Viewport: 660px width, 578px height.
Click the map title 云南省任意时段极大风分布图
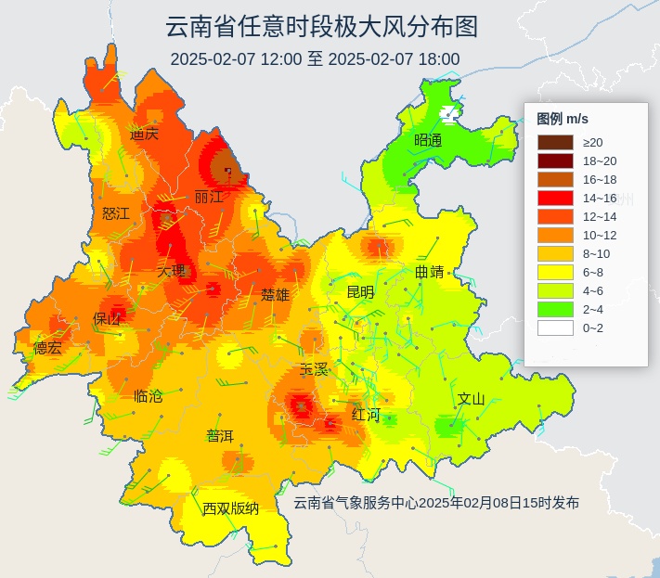click(x=321, y=26)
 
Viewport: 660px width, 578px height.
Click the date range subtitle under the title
click(x=315, y=59)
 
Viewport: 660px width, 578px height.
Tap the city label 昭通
click(x=428, y=140)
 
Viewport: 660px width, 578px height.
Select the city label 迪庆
click(x=144, y=134)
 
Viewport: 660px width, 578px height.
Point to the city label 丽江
click(x=209, y=197)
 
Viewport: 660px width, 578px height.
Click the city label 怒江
click(x=116, y=213)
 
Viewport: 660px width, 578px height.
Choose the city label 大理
click(x=171, y=272)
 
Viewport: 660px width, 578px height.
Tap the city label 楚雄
click(x=275, y=295)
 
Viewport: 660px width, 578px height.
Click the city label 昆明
click(x=360, y=292)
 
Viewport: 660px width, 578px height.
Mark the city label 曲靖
click(x=429, y=273)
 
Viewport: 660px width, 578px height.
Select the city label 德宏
click(x=47, y=348)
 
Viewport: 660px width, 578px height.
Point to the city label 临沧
click(x=148, y=396)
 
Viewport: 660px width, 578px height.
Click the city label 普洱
click(x=220, y=436)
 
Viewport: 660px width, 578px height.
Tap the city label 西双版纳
click(x=231, y=508)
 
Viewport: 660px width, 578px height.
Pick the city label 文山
click(x=472, y=399)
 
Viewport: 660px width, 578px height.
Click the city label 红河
click(x=366, y=414)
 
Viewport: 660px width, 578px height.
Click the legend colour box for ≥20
click(x=555, y=142)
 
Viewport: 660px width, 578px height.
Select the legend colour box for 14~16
click(x=555, y=198)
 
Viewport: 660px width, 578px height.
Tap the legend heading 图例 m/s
click(x=563, y=119)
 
